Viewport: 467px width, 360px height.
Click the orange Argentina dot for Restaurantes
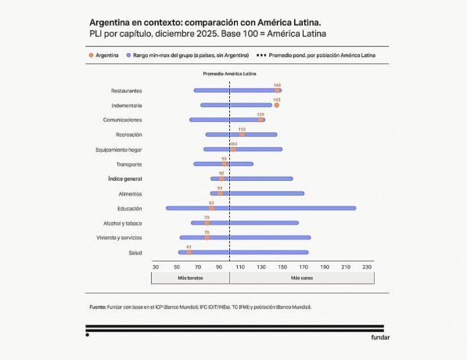(277, 91)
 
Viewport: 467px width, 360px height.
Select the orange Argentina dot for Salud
(189, 252)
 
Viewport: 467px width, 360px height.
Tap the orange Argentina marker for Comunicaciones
(260, 120)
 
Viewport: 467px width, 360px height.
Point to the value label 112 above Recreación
(242, 129)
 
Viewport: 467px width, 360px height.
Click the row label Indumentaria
(126, 105)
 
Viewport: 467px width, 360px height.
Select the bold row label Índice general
(124, 178)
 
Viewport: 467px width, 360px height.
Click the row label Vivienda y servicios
(119, 237)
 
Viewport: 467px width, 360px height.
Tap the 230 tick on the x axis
(367, 267)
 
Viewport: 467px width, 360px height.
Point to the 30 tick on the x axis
(156, 267)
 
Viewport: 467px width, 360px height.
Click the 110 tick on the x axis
(240, 267)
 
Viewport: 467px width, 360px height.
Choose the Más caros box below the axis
(303, 278)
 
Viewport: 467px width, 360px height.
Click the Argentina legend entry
(104, 56)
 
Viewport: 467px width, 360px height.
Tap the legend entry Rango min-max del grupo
(190, 56)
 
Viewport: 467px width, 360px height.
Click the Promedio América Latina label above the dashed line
(229, 73)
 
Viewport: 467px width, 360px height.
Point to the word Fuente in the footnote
(98, 307)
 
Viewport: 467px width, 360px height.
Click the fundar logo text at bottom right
(380, 337)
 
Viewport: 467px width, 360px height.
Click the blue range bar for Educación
(260, 208)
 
